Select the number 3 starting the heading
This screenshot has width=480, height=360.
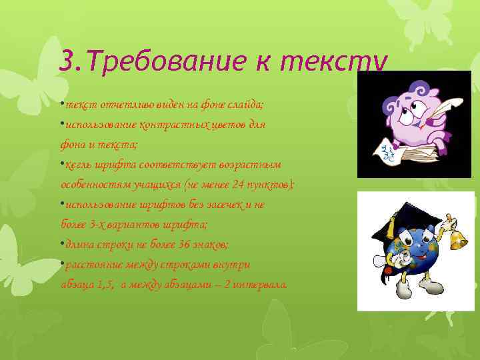point(65,62)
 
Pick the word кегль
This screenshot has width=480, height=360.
point(80,165)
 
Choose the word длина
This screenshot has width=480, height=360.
point(81,245)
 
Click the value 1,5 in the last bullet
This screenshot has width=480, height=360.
point(105,285)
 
